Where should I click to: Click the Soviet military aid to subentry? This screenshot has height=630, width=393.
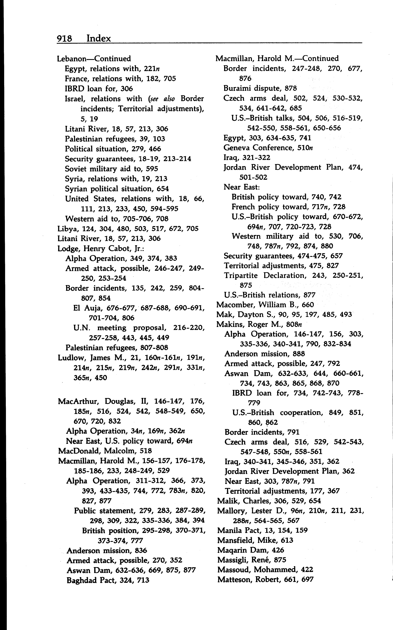click(x=111, y=169)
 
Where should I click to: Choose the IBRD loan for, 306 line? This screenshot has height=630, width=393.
click(x=99, y=89)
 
